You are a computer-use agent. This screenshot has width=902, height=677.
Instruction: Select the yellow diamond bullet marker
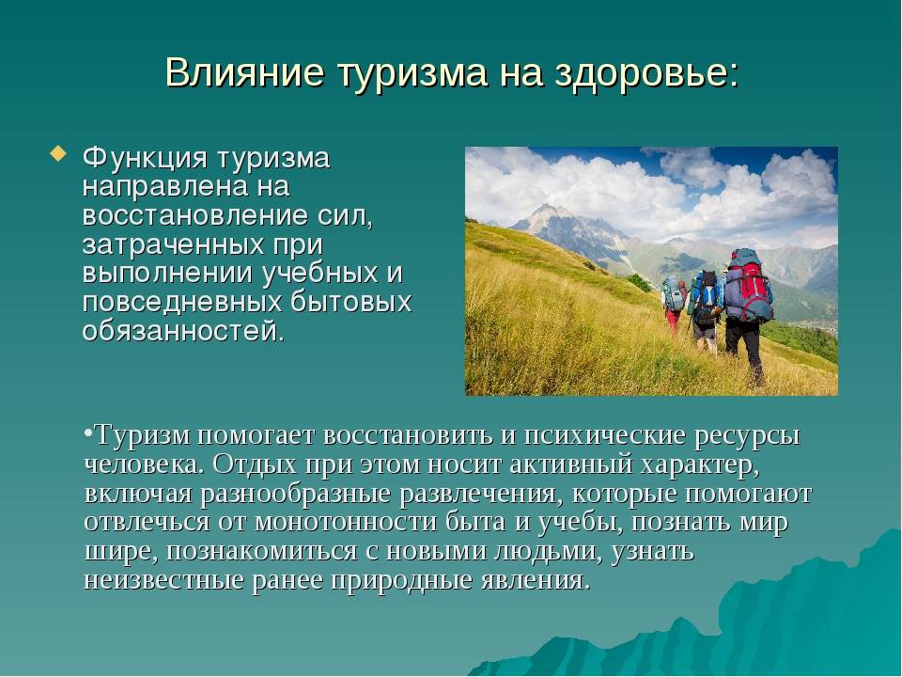click(57, 154)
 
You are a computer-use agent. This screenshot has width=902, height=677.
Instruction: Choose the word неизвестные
click(163, 579)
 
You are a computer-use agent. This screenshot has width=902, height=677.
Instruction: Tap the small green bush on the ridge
click(639, 282)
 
